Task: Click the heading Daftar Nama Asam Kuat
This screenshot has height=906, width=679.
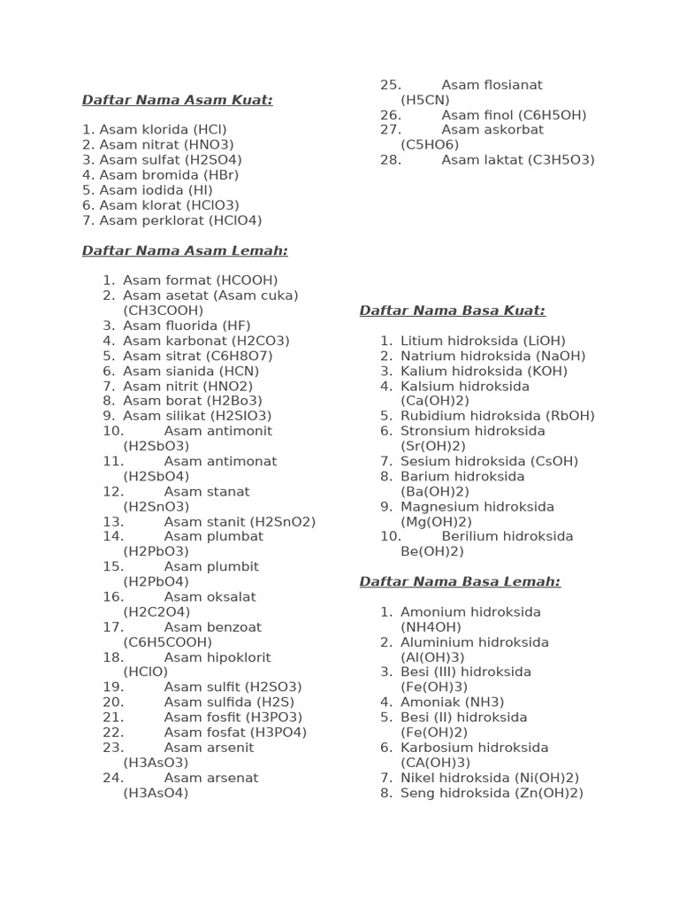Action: click(x=177, y=100)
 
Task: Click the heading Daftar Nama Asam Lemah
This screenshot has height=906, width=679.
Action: click(x=185, y=250)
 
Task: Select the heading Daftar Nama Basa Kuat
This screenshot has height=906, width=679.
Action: click(x=452, y=311)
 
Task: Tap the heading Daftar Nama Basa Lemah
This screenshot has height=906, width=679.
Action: click(x=460, y=581)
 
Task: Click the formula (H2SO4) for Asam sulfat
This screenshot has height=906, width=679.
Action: click(x=213, y=160)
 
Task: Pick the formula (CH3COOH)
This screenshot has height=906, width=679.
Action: click(x=164, y=311)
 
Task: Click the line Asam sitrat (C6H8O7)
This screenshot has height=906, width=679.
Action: click(x=197, y=356)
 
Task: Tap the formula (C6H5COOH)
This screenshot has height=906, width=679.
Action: click(x=168, y=641)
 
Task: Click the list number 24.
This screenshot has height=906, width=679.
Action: click(x=113, y=778)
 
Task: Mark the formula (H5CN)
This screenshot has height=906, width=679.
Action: click(x=425, y=100)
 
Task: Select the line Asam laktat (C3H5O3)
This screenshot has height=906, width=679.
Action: click(x=517, y=160)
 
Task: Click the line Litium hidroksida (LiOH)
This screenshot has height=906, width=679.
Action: click(x=483, y=341)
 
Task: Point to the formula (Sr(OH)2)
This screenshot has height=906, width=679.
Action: click(x=434, y=446)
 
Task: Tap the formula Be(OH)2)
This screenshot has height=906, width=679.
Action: click(x=432, y=551)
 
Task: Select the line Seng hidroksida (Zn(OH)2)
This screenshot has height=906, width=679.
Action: click(x=492, y=793)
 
